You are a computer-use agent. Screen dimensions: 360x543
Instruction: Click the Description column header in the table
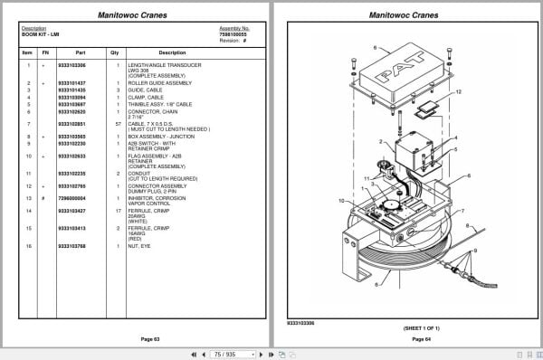(x=172, y=52)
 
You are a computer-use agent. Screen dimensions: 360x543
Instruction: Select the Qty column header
(x=115, y=52)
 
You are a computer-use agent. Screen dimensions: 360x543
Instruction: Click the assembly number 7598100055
(x=234, y=33)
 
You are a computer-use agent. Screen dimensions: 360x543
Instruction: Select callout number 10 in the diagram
(x=341, y=200)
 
